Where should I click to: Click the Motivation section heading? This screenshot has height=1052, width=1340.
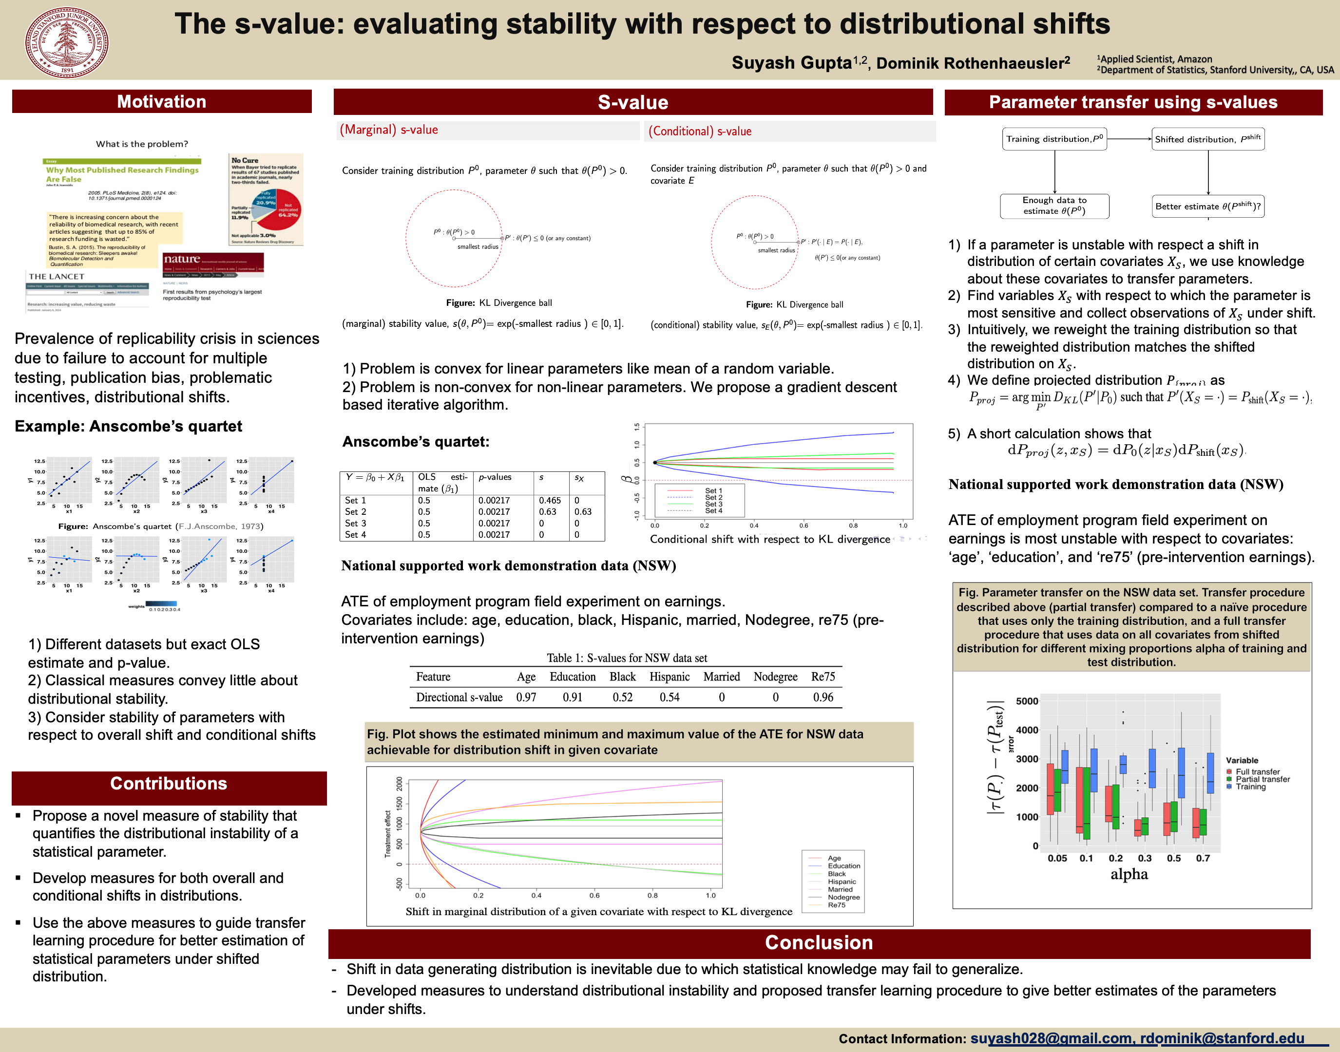point(161,102)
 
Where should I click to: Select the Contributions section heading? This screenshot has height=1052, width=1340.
point(168,784)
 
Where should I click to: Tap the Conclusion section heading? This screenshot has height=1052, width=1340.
point(818,942)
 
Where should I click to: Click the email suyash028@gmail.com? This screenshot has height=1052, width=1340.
point(1051,1038)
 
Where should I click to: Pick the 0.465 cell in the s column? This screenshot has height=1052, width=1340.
point(550,501)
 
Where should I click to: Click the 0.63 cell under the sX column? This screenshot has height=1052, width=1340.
point(583,512)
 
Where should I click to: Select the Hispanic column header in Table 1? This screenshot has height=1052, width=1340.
point(669,677)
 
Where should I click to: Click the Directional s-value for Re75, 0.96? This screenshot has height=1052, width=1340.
point(823,697)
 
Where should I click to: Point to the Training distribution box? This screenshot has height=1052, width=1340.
point(1054,139)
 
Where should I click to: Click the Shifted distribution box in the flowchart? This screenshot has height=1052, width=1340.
point(1207,139)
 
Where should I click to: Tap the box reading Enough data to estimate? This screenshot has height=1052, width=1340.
point(1054,206)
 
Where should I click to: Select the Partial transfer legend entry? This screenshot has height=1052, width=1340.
point(1262,779)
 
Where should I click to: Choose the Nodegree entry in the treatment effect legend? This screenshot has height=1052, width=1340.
point(843,898)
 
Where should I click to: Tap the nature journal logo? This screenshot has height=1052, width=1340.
point(182,259)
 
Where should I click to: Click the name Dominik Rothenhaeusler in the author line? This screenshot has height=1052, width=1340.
point(973,63)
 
